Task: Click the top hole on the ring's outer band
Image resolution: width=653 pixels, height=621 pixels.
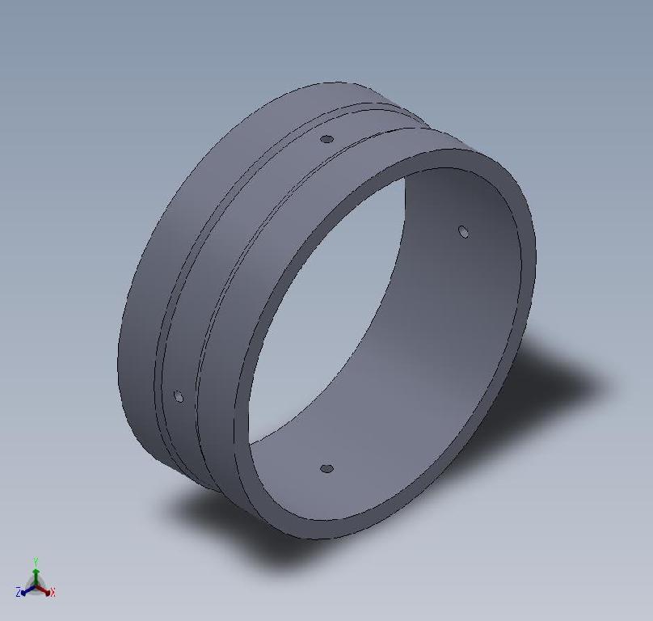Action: pos(326,139)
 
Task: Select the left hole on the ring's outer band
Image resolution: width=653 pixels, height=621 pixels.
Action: pos(179,396)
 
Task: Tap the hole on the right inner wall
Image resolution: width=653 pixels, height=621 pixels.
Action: pos(463,232)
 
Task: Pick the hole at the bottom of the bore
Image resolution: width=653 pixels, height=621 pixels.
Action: pos(326,469)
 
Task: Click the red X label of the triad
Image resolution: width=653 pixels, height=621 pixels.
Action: pos(53,593)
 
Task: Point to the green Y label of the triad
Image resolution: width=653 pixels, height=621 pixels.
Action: pos(36,560)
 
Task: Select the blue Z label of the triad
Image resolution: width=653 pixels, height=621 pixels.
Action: pos(18,593)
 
